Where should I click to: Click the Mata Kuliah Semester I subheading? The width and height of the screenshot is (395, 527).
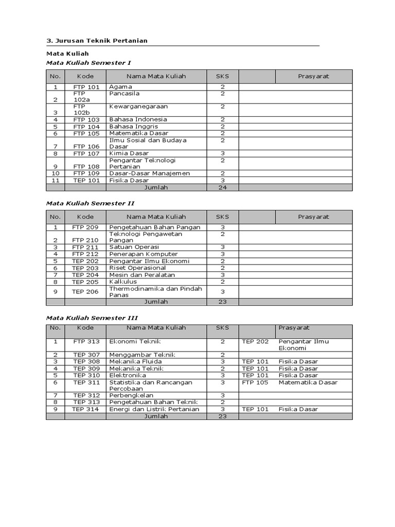click(88, 63)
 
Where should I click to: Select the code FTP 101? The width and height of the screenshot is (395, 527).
click(86, 87)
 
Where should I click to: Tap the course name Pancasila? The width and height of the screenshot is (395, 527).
click(124, 94)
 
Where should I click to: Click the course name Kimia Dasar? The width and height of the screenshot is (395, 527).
click(129, 153)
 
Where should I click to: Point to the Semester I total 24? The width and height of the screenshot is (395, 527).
click(222, 187)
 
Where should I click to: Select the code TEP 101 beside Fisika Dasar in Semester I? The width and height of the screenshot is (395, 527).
click(86, 181)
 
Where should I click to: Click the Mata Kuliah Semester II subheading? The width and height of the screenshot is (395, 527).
click(89, 203)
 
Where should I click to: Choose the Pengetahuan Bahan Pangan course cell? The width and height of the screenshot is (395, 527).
click(155, 227)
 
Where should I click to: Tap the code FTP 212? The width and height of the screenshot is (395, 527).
click(86, 254)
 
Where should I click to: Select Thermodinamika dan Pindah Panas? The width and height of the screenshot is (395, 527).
click(156, 292)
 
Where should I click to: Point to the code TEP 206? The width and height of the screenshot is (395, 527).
click(85, 291)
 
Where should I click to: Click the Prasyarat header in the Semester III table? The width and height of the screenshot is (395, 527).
click(294, 328)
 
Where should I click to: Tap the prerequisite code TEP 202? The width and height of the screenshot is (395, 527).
click(255, 342)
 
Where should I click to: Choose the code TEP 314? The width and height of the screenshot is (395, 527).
click(86, 409)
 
